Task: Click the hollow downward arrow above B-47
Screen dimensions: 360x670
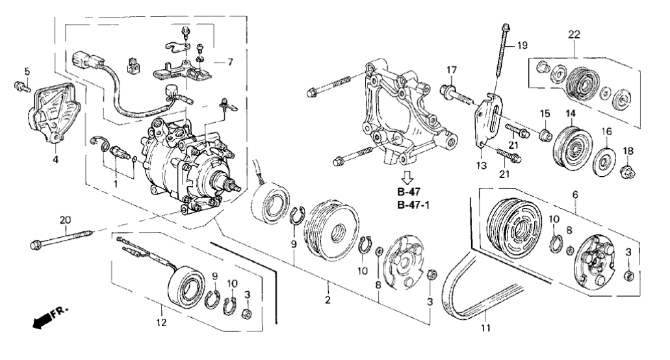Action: click(x=407, y=177)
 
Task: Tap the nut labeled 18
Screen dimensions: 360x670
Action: click(x=628, y=172)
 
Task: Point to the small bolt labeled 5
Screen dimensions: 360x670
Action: click(x=21, y=86)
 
